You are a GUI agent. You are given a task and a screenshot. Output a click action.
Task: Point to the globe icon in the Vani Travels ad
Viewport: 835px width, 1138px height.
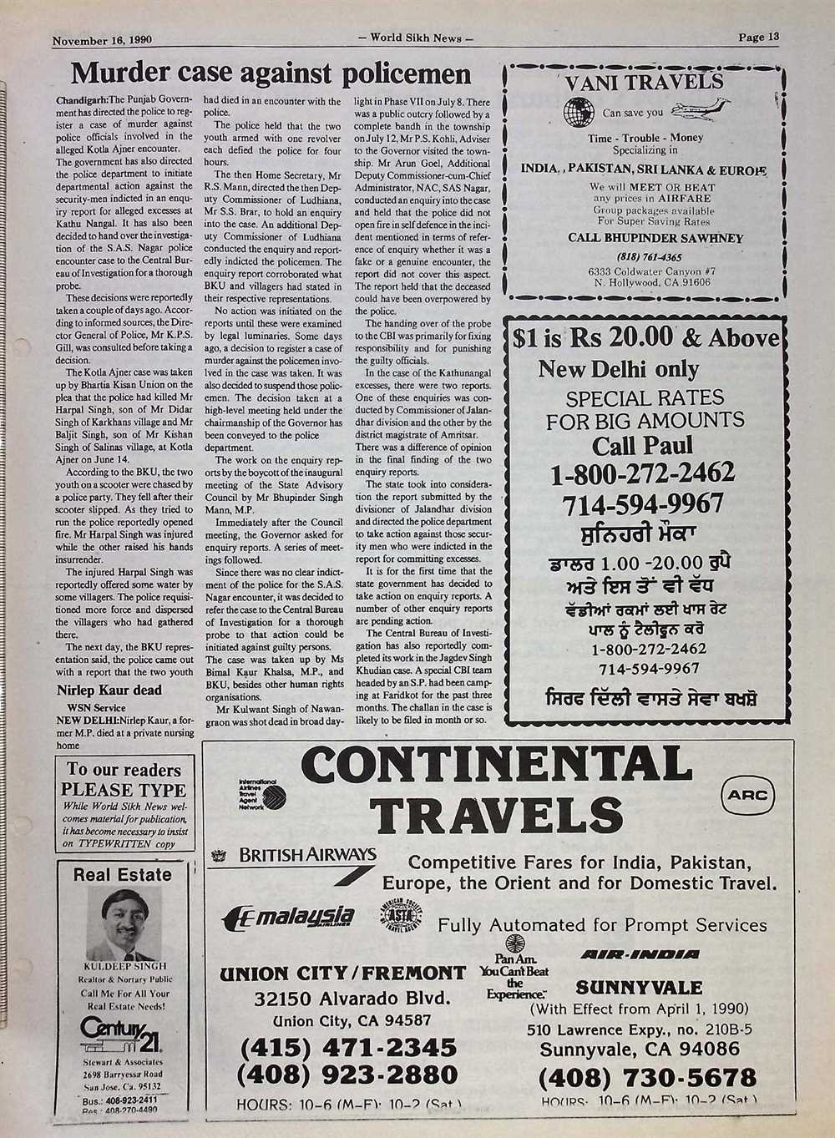(579, 111)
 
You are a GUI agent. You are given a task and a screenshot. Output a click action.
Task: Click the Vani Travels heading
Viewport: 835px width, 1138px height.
(644, 82)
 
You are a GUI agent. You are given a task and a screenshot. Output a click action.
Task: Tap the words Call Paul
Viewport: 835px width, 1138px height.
(642, 446)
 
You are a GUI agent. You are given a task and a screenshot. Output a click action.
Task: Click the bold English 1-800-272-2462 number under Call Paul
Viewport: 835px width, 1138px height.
(642, 474)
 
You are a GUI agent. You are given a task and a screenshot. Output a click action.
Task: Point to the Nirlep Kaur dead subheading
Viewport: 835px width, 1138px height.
(109, 690)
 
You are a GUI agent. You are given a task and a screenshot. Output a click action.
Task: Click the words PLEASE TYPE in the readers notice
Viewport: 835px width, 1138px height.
(123, 790)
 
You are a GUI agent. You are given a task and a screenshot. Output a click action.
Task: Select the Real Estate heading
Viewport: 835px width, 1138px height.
(122, 875)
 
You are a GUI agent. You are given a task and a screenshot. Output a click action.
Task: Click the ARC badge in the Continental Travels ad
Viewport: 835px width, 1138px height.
(747, 796)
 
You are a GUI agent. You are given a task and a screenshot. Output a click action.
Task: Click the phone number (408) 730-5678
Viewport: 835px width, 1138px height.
(647, 1077)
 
